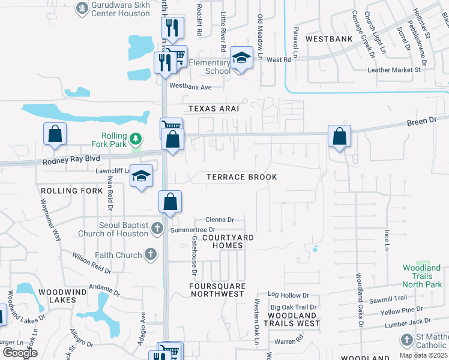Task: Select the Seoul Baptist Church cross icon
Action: pos(157,228)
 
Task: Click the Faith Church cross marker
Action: pos(150,255)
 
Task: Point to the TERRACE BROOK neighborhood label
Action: pos(242,177)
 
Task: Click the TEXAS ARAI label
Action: pos(214,109)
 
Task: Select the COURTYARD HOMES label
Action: pos(228,238)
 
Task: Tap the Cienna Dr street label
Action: pos(219,220)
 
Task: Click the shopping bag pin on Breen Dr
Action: pos(340,136)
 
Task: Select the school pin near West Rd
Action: pos(241,58)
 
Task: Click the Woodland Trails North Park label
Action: pos(421,276)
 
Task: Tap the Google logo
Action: pos(20,353)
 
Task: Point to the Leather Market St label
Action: pos(394,70)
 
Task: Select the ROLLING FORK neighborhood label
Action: pos(68,191)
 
